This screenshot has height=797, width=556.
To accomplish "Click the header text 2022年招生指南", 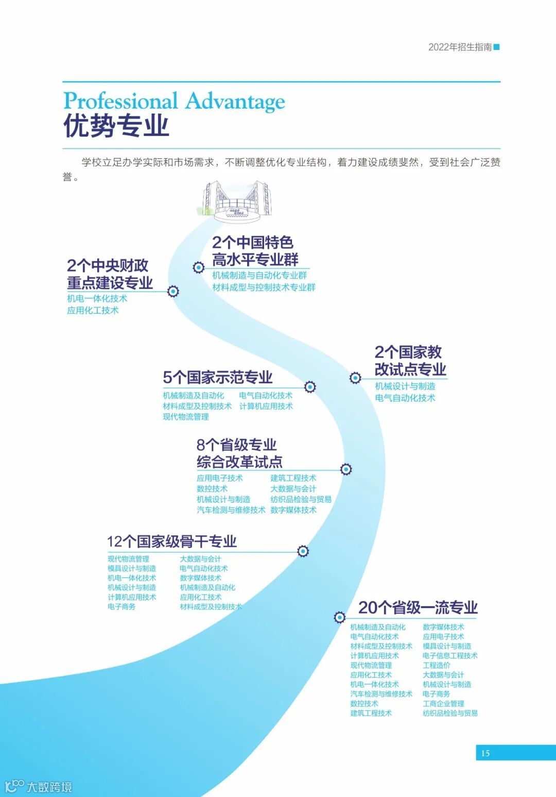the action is pyautogui.click(x=460, y=47).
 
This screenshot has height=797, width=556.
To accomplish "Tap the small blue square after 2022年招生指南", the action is pyautogui.click(x=497, y=47).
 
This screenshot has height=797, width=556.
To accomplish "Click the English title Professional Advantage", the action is pyautogui.click(x=174, y=101).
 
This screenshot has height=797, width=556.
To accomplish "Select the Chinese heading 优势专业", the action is pyautogui.click(x=116, y=126).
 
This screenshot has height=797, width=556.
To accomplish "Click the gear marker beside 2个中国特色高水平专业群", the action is pyautogui.click(x=199, y=267).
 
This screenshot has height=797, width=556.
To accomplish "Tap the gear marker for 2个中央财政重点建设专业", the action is pyautogui.click(x=173, y=292).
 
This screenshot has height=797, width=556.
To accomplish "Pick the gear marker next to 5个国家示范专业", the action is pyautogui.click(x=310, y=387).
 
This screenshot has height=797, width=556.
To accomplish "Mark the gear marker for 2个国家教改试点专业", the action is pyautogui.click(x=355, y=378).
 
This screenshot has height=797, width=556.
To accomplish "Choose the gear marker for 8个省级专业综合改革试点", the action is pyautogui.click(x=346, y=469).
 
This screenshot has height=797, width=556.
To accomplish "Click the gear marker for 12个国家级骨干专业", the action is pyautogui.click(x=303, y=551).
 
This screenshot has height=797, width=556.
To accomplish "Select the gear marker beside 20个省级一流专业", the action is pyautogui.click(x=339, y=617).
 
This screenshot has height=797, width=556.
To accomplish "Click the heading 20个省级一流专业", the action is pyautogui.click(x=418, y=608).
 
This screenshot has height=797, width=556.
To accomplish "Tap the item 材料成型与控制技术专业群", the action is pyautogui.click(x=264, y=287).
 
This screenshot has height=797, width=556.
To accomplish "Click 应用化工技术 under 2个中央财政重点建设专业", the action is pyautogui.click(x=93, y=310).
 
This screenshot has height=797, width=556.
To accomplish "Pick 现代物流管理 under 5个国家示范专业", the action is pyautogui.click(x=186, y=417).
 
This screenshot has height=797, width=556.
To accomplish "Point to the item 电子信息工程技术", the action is pyautogui.click(x=450, y=656).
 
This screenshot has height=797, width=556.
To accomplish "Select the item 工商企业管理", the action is pyautogui.click(x=443, y=704).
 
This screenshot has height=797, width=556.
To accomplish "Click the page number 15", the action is pyautogui.click(x=485, y=753).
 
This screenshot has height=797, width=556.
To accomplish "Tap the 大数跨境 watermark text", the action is pyautogui.click(x=49, y=787).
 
